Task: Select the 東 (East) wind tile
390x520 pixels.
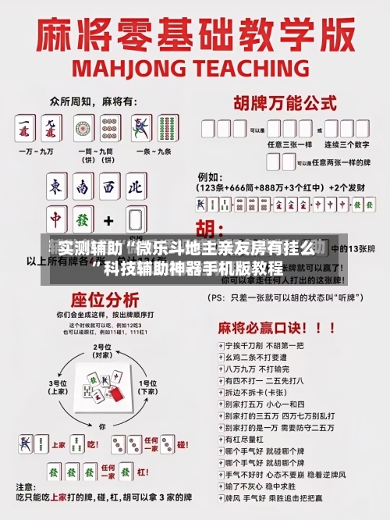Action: coord(56,187)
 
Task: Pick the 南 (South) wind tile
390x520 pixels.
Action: coord(83,187)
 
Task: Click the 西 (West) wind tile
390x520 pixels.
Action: coord(109,187)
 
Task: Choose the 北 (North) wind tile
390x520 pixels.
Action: coord(135,187)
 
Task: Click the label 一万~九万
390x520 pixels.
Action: coord(37,151)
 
